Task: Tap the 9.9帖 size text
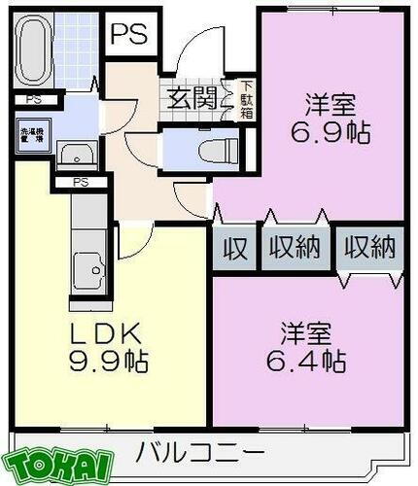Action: pos(108,362)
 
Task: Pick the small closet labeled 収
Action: pos(234,248)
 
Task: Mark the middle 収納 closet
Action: pos(296,248)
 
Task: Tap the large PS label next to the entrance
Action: pos(127,35)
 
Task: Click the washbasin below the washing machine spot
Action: pos(74,156)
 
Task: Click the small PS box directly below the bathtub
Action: pos(34,99)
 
